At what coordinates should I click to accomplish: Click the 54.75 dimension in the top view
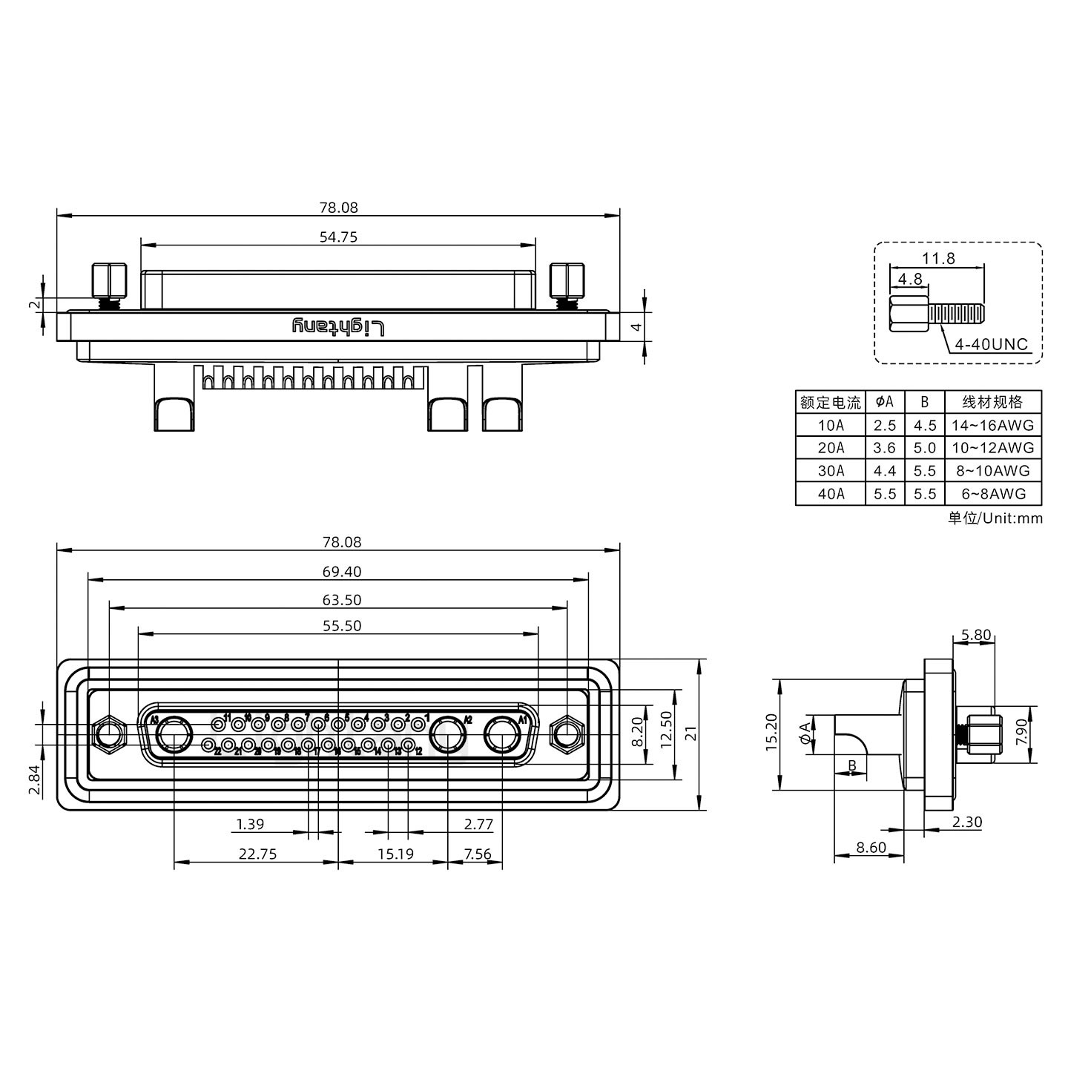[338, 237]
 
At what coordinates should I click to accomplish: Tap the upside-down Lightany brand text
[338, 327]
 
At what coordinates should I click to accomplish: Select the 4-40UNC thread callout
[991, 344]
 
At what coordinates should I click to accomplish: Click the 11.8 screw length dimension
[938, 258]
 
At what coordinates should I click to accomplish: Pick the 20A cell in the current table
[830, 448]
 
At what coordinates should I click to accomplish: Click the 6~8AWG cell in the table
[992, 494]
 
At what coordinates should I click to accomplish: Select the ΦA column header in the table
[885, 402]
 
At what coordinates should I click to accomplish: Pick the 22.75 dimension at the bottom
[257, 854]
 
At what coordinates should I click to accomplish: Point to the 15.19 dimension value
[395, 854]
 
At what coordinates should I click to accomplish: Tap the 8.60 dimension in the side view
[870, 847]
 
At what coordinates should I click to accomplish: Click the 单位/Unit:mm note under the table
[994, 518]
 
